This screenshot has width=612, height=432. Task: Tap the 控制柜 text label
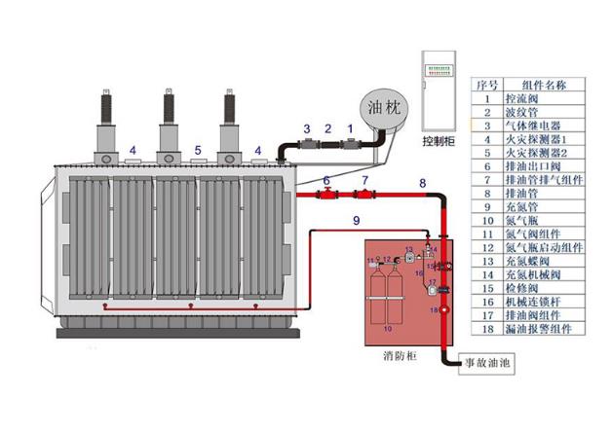coord(439,139)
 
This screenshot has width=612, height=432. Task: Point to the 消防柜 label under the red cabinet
coord(400,356)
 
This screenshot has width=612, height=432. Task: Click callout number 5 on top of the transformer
coord(198,150)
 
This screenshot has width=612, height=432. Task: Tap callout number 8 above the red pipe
coord(422,182)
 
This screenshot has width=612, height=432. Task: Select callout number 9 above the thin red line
coord(357,223)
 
